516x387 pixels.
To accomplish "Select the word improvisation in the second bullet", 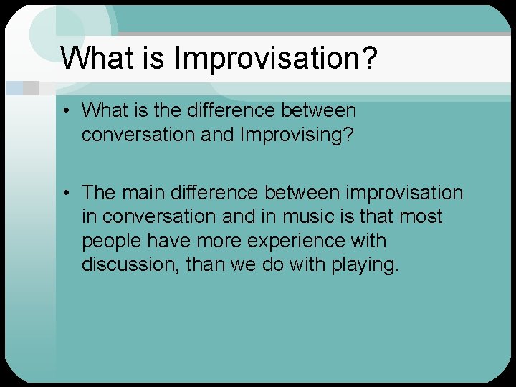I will pyautogui.click(x=405, y=193).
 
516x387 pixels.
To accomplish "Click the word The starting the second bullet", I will pyautogui.click(x=98, y=193).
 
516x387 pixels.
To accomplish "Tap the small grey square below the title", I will pyautogui.click(x=30, y=88).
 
